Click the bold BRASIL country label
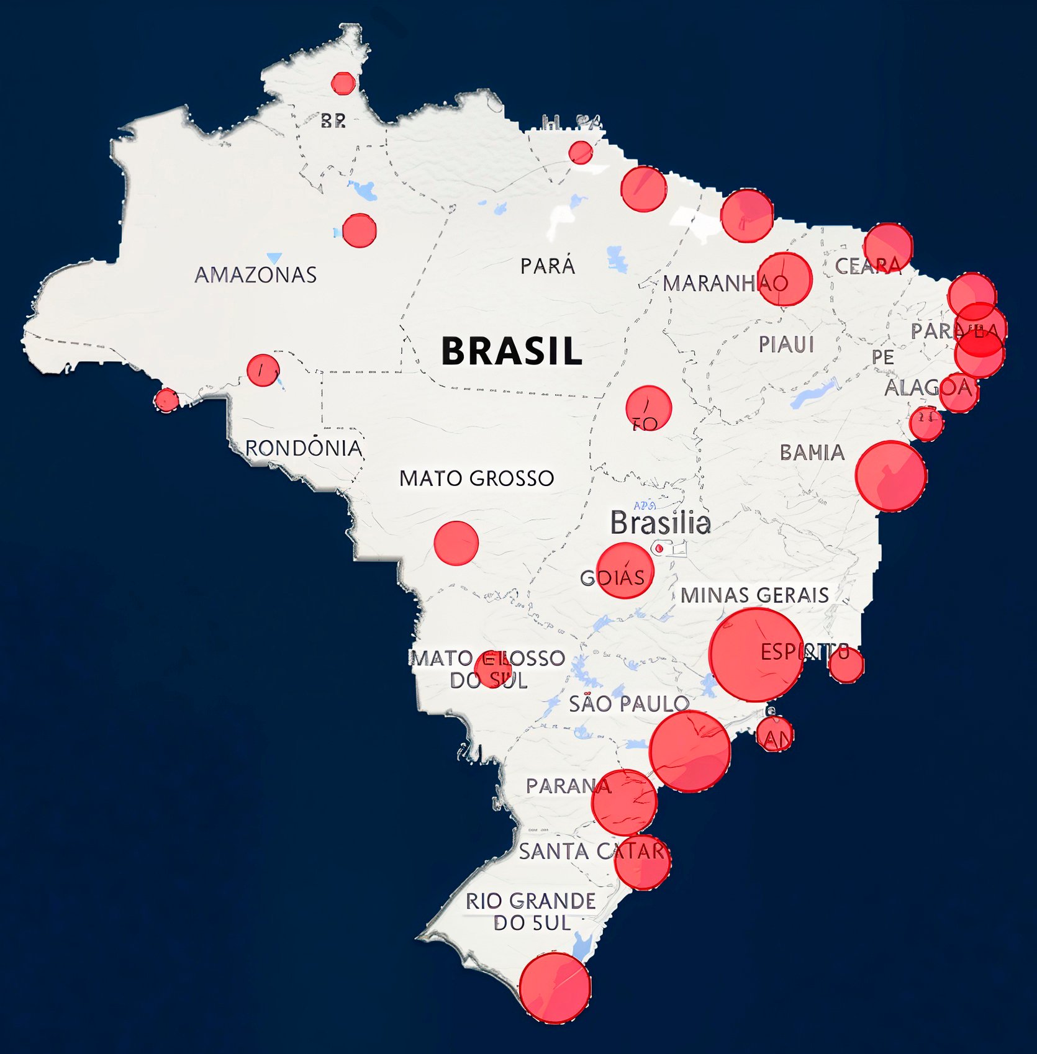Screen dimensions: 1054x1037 [512, 351]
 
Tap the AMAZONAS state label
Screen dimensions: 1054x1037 [256, 275]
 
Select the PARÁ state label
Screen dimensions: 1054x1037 [548, 266]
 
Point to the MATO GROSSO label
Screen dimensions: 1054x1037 [476, 479]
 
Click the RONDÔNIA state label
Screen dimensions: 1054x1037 [304, 448]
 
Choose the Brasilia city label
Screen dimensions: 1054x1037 [660, 523]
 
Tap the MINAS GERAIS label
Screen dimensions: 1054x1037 [754, 595]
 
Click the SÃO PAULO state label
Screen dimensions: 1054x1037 [628, 704]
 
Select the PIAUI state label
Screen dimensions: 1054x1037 [786, 345]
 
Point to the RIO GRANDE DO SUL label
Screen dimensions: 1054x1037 [531, 912]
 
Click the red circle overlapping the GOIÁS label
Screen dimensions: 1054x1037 [625, 570]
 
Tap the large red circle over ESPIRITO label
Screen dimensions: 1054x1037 [756, 655]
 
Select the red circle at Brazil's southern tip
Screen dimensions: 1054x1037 [555, 988]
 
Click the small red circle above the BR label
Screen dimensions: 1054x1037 [343, 83]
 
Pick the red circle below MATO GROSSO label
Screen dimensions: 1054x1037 [456, 543]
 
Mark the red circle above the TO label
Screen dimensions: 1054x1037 [648, 407]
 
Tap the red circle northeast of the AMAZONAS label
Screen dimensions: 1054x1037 [359, 230]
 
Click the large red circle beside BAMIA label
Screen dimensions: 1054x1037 [890, 476]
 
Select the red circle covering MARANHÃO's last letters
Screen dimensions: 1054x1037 [785, 279]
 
